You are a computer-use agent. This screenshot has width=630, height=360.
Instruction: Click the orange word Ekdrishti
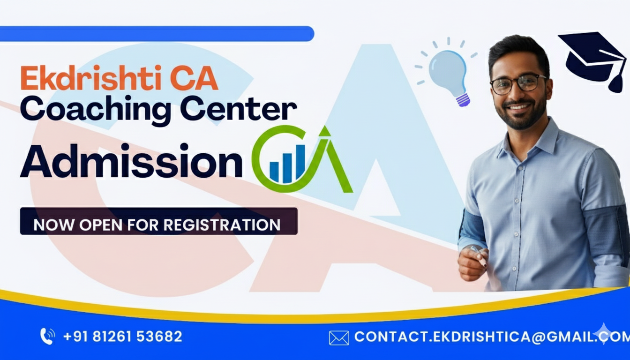point(90,78)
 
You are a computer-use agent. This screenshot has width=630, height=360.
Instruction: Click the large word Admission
point(131,161)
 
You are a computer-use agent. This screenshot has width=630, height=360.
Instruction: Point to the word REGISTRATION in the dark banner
point(222,225)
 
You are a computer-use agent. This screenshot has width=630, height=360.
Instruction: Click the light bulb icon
point(447,73)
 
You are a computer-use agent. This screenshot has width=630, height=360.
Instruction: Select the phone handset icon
point(47,336)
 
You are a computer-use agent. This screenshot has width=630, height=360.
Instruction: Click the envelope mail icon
point(339,338)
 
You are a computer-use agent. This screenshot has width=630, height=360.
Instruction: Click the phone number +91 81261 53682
point(123,337)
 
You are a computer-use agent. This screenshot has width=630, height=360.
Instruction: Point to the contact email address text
point(492,337)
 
